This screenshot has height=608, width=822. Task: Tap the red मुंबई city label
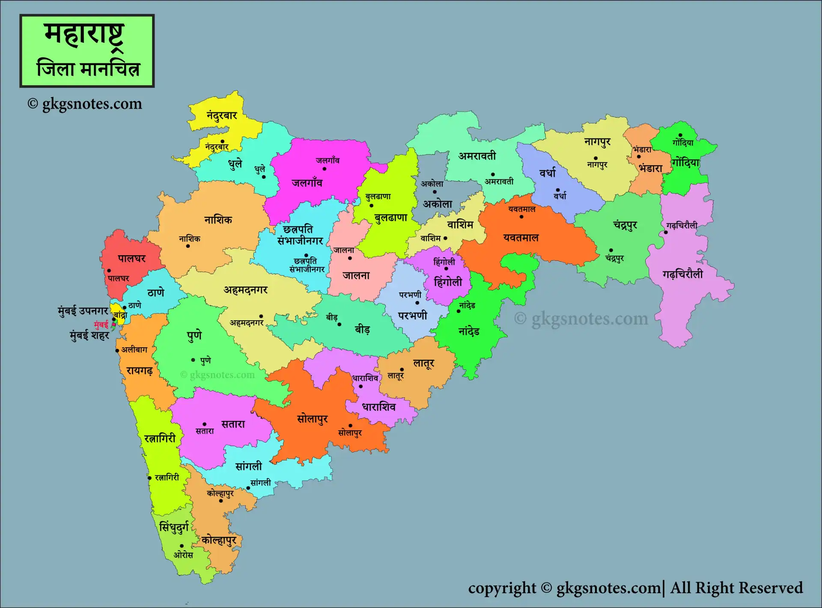(101, 325)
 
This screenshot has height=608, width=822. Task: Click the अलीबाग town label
(134, 350)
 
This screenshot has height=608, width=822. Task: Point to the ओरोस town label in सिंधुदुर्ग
(183, 555)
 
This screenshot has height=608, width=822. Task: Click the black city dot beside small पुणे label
(193, 360)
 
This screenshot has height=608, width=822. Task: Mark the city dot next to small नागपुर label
(596, 158)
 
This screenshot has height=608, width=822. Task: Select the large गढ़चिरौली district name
(682, 274)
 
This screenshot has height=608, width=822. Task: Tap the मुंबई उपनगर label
(83, 311)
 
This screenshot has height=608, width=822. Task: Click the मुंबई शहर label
(89, 335)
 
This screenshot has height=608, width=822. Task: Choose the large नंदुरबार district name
(222, 116)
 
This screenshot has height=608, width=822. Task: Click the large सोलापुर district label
(312, 419)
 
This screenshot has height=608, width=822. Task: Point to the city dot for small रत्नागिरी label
(150, 478)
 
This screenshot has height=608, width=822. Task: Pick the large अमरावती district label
(477, 156)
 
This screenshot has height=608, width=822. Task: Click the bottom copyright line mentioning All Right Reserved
(635, 588)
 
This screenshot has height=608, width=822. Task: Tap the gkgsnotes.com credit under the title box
(85, 104)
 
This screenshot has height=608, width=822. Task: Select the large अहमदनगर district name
(245, 290)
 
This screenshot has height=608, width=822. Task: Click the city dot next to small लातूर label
(402, 370)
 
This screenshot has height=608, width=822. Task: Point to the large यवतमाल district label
(521, 238)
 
